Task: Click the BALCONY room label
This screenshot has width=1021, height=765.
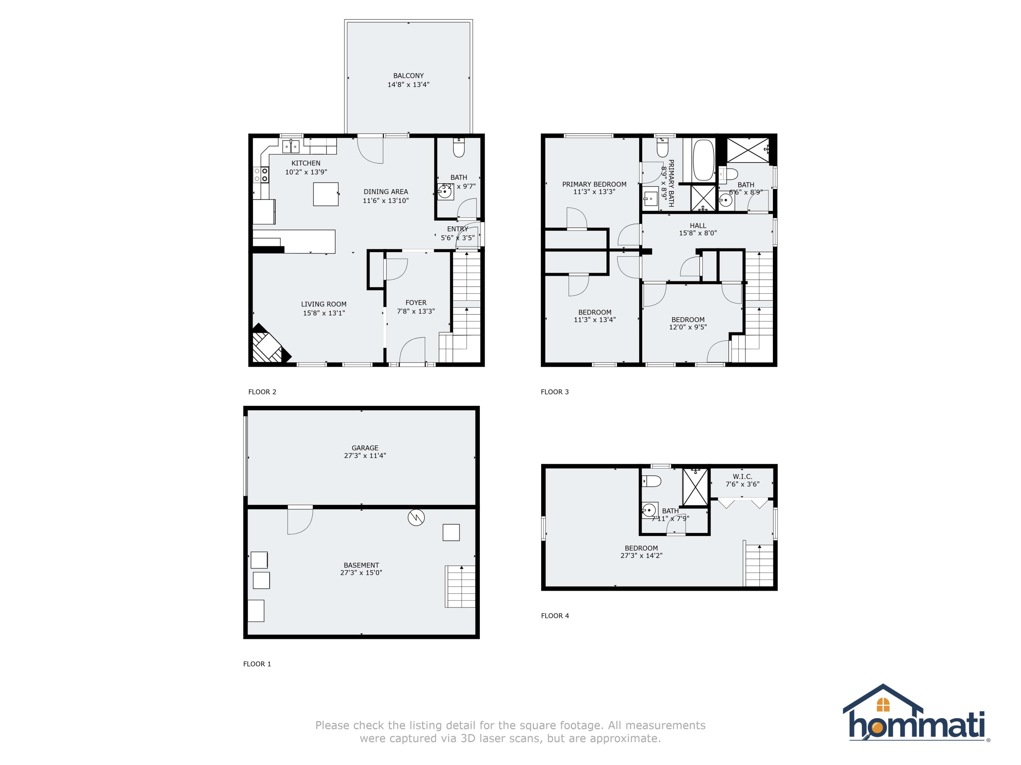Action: click(x=408, y=75)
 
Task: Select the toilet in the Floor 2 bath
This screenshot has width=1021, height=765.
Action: click(x=459, y=148)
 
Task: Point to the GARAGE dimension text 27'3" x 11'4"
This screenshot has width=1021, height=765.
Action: click(x=364, y=456)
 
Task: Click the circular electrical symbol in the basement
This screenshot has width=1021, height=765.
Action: click(x=416, y=517)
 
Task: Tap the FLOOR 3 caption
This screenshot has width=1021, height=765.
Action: click(x=555, y=392)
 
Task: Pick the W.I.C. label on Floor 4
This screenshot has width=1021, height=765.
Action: click(x=742, y=476)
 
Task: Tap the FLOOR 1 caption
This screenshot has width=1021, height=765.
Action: click(x=257, y=664)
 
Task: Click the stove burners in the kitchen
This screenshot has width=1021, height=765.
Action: click(x=261, y=175)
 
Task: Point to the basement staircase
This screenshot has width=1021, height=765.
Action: click(x=460, y=586)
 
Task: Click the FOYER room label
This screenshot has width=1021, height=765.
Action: click(x=416, y=303)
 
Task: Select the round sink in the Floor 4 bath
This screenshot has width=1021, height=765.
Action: click(x=649, y=510)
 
